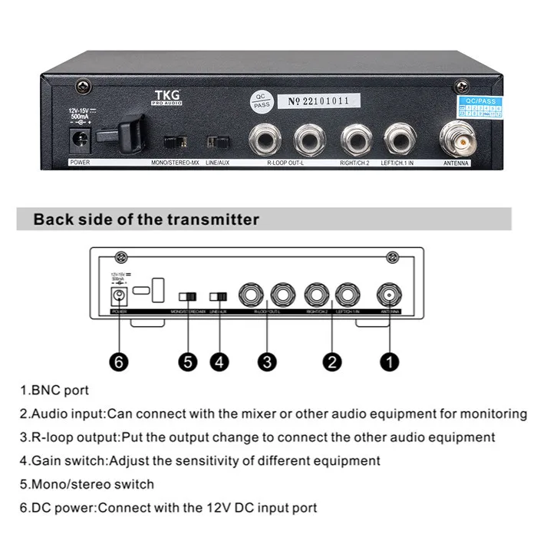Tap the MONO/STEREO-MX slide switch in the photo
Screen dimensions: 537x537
pyautogui.click(x=176, y=142)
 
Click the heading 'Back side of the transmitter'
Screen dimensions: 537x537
pyautogui.click(x=146, y=219)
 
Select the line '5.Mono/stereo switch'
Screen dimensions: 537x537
pyautogui.click(x=87, y=484)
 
